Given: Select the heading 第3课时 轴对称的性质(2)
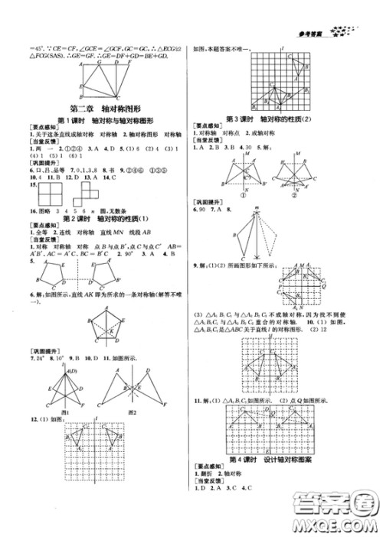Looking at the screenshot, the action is tap(283, 119).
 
